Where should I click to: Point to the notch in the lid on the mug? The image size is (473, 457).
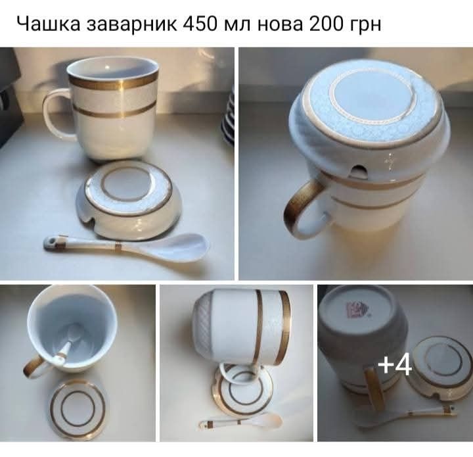[x=358, y=172]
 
